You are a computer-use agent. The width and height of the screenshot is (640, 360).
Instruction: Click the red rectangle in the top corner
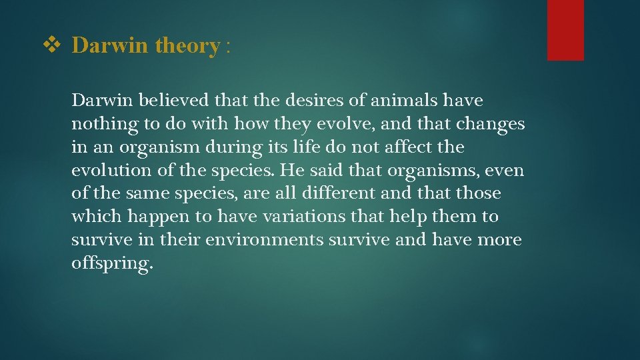point(565,30)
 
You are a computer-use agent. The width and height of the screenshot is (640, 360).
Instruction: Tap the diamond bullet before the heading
point(51,45)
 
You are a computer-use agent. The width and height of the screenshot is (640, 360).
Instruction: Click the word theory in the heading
point(187,45)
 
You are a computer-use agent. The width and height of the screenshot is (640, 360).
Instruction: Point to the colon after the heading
point(228,47)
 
